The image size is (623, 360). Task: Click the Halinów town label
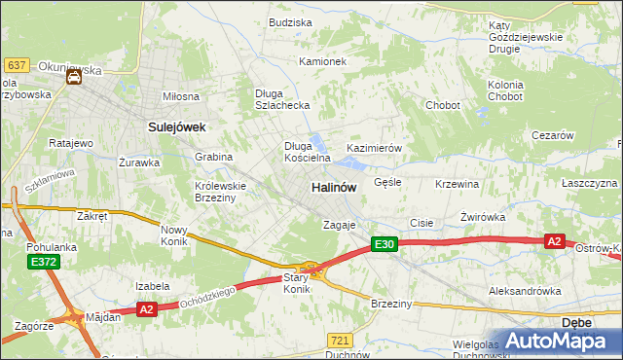[x=334, y=186]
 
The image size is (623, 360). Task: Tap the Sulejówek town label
[x=174, y=126]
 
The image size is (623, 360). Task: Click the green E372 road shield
[x=43, y=263]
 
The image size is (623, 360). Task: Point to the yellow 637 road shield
[x=16, y=64]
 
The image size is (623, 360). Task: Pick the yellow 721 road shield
[x=340, y=340]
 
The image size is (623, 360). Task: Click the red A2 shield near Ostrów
[x=554, y=241]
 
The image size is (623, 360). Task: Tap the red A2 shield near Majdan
[x=145, y=309]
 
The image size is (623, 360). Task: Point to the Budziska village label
[x=290, y=21]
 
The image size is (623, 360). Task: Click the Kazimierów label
[x=375, y=148]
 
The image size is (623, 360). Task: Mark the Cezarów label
[x=552, y=136]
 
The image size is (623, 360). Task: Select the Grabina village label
[x=213, y=157]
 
